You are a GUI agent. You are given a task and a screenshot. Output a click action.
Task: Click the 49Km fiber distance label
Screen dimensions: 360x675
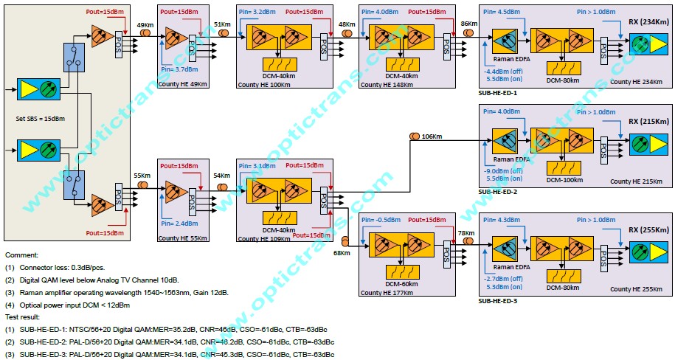(x=145, y=27)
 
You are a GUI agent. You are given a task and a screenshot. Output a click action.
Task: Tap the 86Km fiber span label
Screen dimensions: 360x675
(x=468, y=24)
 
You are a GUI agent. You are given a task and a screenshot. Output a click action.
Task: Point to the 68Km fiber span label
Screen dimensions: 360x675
(x=342, y=254)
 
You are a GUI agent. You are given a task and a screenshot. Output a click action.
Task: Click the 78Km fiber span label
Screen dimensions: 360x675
(x=465, y=234)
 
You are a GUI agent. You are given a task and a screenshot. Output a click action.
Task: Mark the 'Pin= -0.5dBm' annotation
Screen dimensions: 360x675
(x=383, y=219)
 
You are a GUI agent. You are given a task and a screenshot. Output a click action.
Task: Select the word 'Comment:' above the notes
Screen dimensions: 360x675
(x=21, y=254)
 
